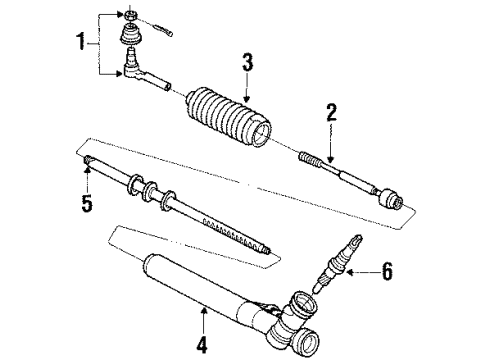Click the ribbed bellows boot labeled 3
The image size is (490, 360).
point(226,119)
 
